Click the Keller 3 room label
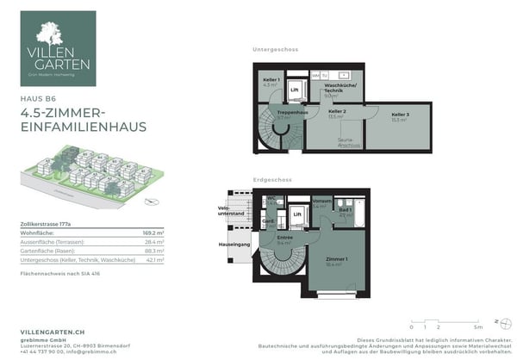[399, 115]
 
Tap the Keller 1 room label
[271, 80]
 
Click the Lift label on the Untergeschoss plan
[295, 90]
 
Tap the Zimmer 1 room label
[336, 259]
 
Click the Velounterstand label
[227, 209]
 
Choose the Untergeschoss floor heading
[275, 49]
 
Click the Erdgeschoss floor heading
[272, 180]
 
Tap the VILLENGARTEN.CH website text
[53, 331]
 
